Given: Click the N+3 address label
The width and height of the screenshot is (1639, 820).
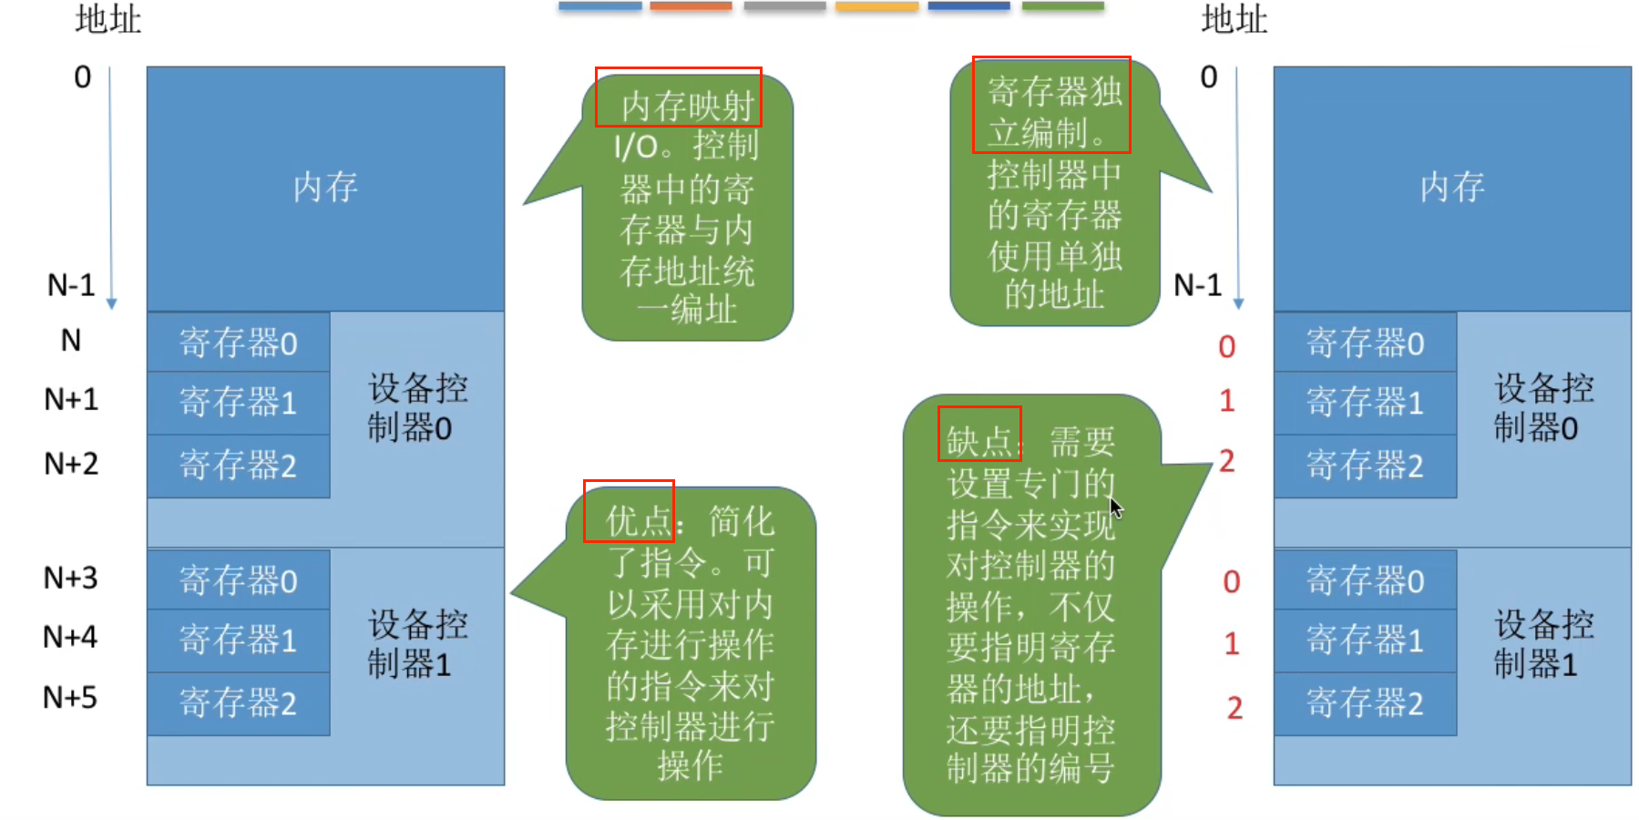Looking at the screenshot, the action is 70,578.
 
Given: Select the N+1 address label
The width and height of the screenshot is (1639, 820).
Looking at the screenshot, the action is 70,399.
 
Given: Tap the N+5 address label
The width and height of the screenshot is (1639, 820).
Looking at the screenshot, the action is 70,698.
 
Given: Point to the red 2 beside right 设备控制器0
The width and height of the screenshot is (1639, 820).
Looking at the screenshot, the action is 1227,461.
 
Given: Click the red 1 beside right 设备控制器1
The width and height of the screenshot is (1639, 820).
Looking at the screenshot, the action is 1232,644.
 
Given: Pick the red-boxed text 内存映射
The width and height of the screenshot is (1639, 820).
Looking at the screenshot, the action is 679,97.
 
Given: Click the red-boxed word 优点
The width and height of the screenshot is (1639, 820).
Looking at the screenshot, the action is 629,511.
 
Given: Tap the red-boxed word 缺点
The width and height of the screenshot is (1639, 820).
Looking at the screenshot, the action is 979,434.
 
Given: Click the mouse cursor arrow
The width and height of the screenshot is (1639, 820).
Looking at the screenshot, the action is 1115,507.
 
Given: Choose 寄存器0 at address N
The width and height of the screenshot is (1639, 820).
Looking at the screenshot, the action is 239,343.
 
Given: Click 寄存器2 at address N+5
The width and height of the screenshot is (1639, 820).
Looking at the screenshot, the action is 239,703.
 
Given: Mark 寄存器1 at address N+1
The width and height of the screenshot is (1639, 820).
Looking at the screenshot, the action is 239,402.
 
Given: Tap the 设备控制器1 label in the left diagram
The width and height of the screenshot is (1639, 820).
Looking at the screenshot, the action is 416,644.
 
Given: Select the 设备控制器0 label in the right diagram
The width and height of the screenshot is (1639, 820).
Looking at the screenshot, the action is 1542,407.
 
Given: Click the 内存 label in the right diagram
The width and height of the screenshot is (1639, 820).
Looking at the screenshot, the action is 1452,188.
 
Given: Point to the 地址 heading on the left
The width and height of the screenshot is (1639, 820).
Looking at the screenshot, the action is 108,19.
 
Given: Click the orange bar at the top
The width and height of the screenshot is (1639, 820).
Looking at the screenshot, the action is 691,6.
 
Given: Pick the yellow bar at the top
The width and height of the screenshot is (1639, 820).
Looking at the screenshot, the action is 876,6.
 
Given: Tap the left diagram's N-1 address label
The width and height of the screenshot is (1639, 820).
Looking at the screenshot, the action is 71,285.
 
